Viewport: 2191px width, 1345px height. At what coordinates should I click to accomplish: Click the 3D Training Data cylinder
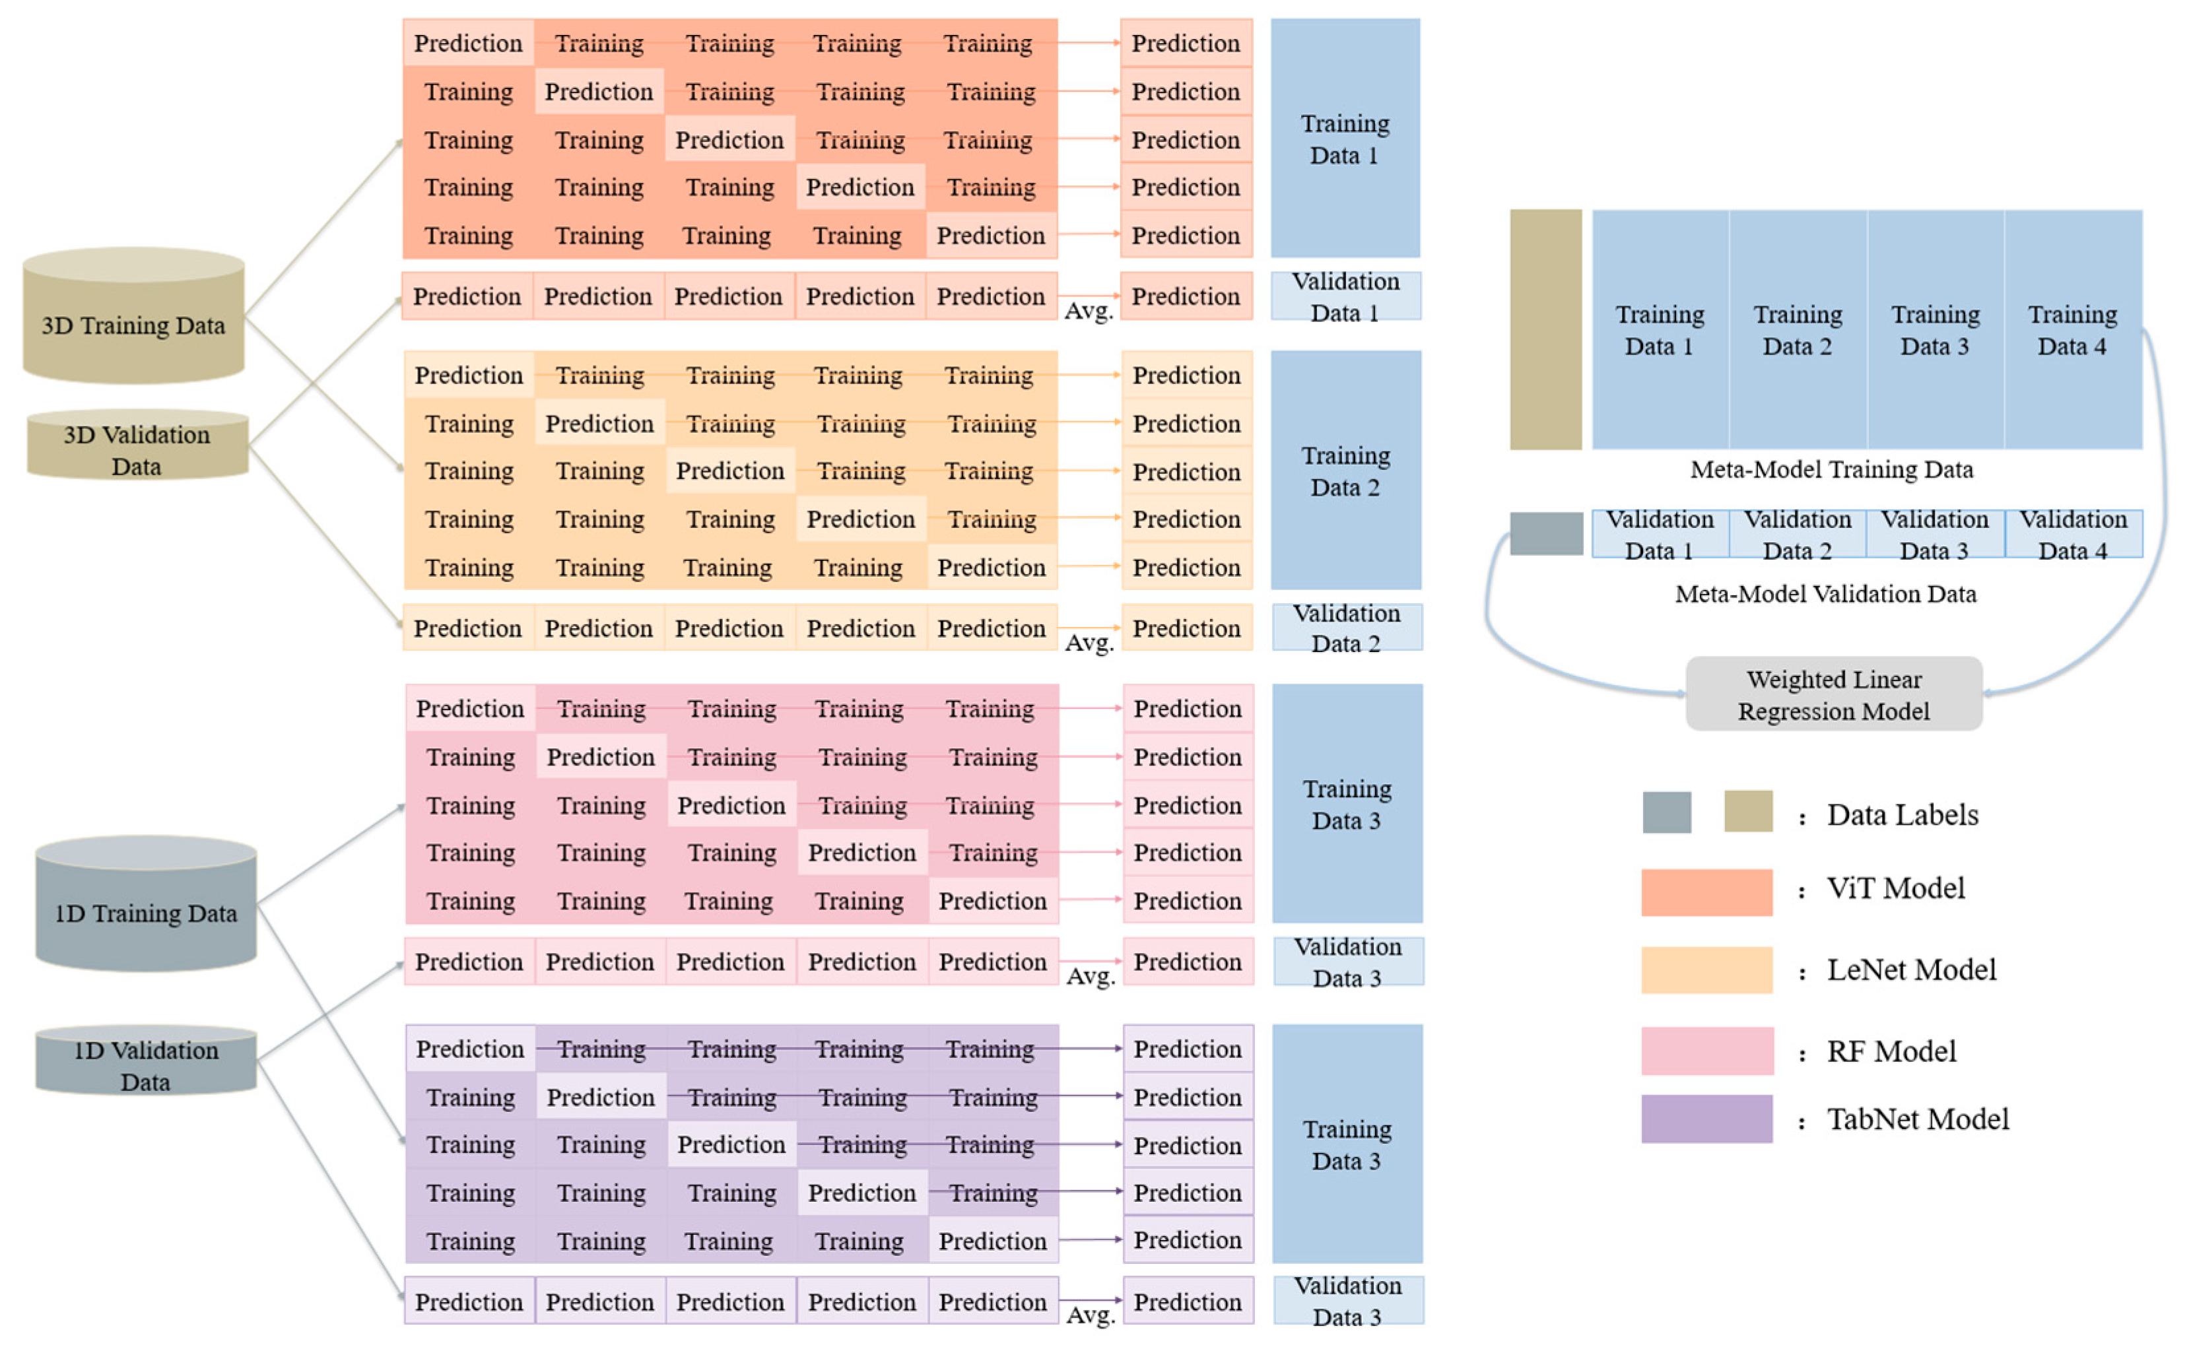point(133,317)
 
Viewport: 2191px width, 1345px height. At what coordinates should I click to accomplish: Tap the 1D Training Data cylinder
point(146,905)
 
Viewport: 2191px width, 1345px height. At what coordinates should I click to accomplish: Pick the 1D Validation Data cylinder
point(146,1061)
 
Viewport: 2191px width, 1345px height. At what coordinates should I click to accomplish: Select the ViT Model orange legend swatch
point(1706,892)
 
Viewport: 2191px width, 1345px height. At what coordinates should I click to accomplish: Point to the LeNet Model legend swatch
point(1706,969)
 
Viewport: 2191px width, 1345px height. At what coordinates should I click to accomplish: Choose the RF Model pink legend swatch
point(1706,1051)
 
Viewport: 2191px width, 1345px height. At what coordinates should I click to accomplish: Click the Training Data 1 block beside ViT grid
point(1344,139)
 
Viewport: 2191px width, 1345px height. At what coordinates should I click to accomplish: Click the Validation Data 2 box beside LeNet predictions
point(1346,628)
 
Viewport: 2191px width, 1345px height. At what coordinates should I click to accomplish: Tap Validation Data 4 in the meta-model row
point(2073,534)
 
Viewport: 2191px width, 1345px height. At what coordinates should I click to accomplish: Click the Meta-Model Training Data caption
point(1831,470)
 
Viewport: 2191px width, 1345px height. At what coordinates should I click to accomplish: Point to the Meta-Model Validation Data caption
point(1825,594)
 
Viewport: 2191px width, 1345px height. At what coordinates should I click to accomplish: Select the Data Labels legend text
point(1902,815)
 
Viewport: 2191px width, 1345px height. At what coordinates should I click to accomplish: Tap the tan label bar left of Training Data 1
point(1545,330)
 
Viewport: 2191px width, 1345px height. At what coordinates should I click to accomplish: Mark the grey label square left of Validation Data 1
point(1545,534)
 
